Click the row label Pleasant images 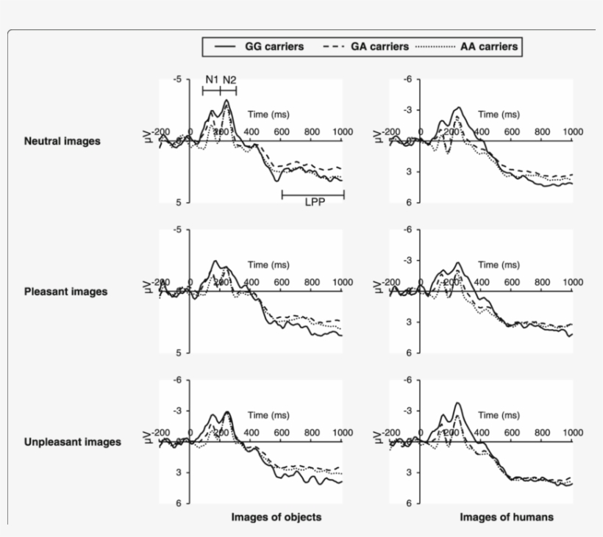tap(65, 291)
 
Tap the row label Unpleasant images tap(72, 442)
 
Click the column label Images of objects tap(276, 517)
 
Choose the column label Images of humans tap(507, 517)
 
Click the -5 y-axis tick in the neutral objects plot tap(175, 79)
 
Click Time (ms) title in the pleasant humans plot tap(499, 265)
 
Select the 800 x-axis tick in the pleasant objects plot tap(312, 282)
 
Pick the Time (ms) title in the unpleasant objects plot tap(268, 416)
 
